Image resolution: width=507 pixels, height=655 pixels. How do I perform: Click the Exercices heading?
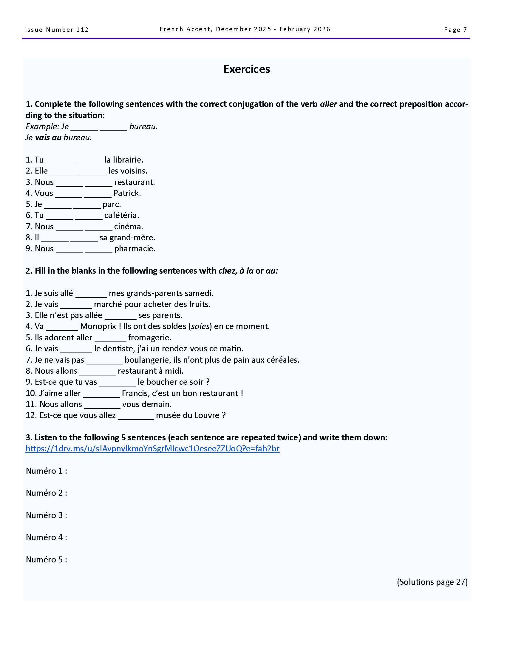tap(247, 69)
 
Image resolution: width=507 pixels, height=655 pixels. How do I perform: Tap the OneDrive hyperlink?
tap(152, 449)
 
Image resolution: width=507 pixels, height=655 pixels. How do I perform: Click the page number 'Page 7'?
tap(455, 29)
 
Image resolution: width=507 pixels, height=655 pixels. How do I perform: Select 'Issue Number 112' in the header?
tap(57, 30)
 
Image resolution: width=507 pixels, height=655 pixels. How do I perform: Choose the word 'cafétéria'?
tap(121, 215)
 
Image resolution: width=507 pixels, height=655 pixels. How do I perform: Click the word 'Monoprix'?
tap(98, 326)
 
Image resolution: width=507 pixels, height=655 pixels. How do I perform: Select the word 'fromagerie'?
tap(149, 338)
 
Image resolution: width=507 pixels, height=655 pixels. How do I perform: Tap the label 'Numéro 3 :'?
tap(47, 515)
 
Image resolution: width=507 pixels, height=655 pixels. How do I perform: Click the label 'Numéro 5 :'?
tap(47, 560)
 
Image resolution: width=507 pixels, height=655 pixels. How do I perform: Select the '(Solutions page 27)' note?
tap(432, 582)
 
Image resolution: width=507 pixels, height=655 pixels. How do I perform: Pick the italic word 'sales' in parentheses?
tap(200, 326)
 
